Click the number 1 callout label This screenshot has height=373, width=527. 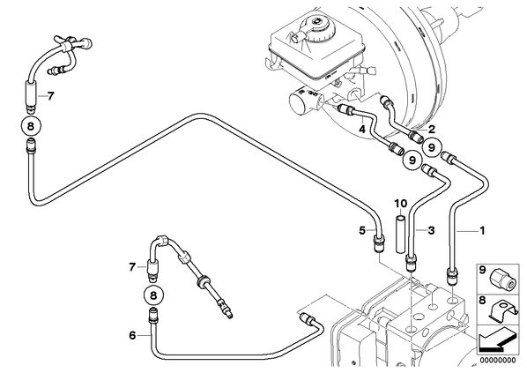[482, 231]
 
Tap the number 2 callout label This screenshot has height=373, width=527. [431, 129]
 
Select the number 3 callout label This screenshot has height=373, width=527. [431, 230]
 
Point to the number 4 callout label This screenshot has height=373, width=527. [362, 129]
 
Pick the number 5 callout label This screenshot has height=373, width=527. [362, 230]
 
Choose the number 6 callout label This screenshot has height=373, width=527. [133, 335]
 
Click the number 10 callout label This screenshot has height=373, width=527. [401, 203]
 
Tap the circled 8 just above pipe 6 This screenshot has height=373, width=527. [153, 295]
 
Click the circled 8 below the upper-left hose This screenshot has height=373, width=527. [31, 126]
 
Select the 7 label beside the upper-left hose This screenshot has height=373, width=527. [50, 96]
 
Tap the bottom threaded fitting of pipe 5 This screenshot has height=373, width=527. [379, 243]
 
